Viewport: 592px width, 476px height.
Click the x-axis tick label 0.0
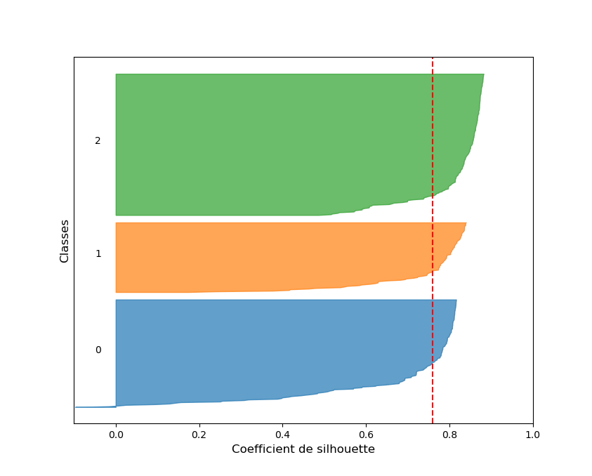[x=116, y=435]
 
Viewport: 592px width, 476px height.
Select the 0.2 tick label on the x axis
[x=199, y=435]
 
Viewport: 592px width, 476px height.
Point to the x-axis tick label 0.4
[x=282, y=435]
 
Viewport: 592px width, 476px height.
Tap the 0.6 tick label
[x=366, y=435]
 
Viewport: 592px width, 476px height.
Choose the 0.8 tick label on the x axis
[x=449, y=435]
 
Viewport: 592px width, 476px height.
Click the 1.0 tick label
[x=532, y=435]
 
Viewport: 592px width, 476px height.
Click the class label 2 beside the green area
[x=98, y=140]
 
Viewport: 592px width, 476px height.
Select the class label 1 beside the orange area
[x=98, y=253]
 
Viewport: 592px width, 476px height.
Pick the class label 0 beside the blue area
[x=98, y=350]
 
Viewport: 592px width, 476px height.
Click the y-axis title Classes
[x=65, y=241]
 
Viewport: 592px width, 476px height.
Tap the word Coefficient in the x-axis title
[x=261, y=449]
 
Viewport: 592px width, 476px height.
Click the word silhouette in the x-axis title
[x=346, y=449]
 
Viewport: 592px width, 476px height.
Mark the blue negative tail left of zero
[x=95, y=406]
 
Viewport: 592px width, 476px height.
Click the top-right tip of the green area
[x=483, y=75]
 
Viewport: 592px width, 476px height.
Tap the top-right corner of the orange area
[x=466, y=224]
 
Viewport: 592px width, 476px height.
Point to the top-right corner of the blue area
[x=456, y=301]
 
